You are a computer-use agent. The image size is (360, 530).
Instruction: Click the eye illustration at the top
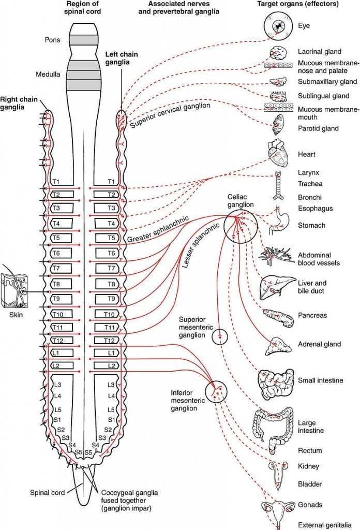point(280,25)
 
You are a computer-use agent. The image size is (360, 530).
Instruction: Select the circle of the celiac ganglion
point(241,227)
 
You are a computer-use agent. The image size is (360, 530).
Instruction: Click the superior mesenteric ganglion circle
point(220,336)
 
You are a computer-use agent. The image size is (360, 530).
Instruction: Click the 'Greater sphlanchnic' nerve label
point(157,228)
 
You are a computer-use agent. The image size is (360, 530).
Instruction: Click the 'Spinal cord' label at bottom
point(47,493)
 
